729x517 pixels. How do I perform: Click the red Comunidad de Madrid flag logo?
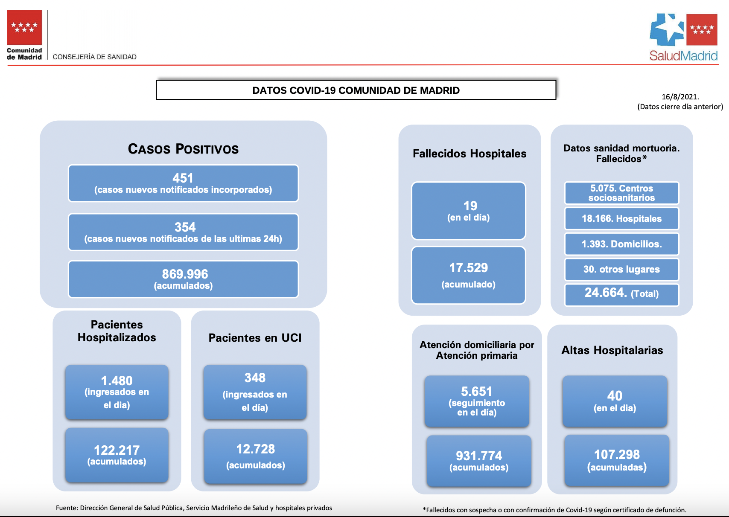[x=24, y=27]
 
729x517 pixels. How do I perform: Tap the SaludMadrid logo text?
[x=683, y=56]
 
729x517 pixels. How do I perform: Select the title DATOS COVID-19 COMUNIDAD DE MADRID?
[x=356, y=90]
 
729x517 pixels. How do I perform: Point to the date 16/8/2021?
[x=680, y=97]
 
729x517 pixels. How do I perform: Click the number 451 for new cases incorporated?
[x=183, y=178]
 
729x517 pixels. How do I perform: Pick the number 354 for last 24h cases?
[x=185, y=227]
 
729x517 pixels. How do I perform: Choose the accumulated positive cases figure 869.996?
[x=185, y=274]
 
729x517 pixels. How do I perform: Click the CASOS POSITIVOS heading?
[x=183, y=149]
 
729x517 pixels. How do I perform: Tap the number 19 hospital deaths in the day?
[x=470, y=206]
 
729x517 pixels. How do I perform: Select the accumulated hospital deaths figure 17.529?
[x=469, y=268]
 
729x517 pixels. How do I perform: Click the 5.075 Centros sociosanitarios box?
[x=621, y=193]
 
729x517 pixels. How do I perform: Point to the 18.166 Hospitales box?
[x=621, y=218]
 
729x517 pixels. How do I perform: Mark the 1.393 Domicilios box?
[x=621, y=244]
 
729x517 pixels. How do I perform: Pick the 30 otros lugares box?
[x=621, y=269]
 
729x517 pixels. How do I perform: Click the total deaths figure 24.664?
[x=606, y=293]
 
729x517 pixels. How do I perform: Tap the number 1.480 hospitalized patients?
[x=117, y=381]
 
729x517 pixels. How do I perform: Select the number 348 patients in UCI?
[x=255, y=378]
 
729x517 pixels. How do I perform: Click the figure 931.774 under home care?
[x=479, y=456]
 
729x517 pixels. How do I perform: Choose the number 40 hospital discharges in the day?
[x=615, y=396]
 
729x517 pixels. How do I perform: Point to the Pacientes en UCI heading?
[x=255, y=338]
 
